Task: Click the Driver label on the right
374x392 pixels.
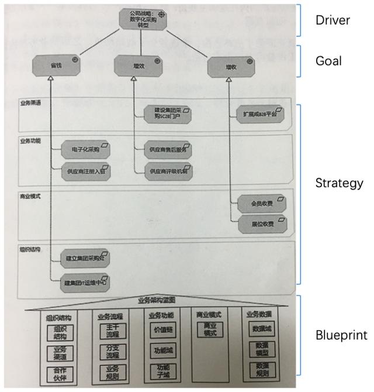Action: [333, 20]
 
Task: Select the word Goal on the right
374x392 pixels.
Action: [328, 61]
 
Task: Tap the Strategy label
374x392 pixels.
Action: [339, 183]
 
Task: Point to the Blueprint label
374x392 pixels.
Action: [341, 335]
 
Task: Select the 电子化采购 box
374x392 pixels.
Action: [86, 150]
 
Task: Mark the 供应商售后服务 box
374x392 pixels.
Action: [171, 150]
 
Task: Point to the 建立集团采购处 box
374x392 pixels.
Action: [85, 257]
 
